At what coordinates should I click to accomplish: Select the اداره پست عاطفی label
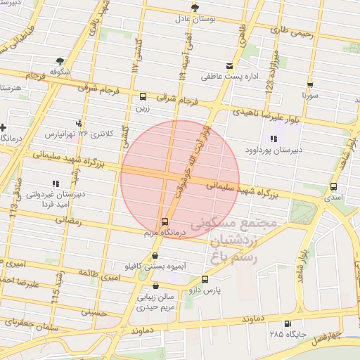[224, 75]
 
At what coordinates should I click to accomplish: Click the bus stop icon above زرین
[143, 96]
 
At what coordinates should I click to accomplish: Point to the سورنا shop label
[310, 93]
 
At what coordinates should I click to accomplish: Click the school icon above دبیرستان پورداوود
[273, 139]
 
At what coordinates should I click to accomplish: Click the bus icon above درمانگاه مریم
[165, 221]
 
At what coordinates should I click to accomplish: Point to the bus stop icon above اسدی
[333, 187]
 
